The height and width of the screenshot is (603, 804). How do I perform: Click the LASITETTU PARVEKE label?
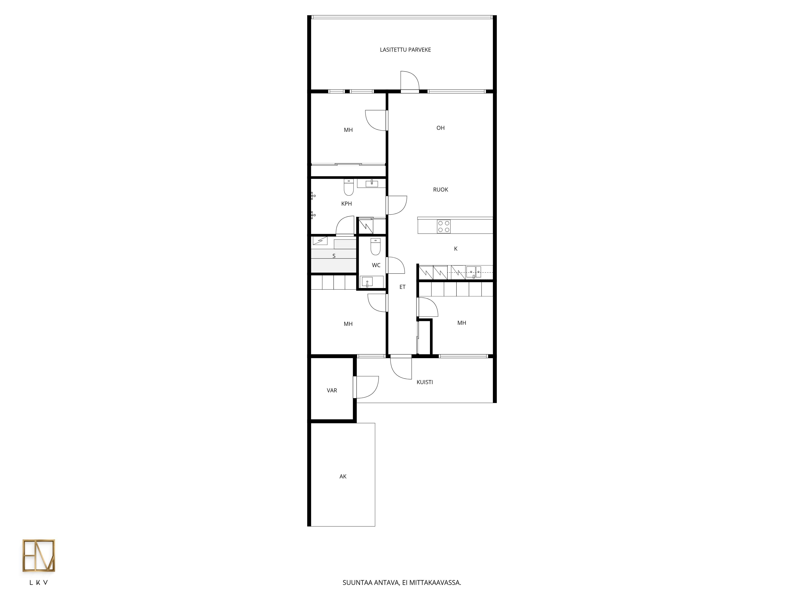tap(405, 50)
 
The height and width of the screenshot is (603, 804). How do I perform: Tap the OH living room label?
tap(441, 128)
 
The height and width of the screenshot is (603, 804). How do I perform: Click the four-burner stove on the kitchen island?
tap(443, 227)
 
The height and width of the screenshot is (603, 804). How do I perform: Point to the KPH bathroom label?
tap(346, 204)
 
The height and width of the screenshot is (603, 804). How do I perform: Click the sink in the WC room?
tap(367, 282)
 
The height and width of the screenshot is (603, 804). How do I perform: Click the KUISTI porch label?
tap(425, 382)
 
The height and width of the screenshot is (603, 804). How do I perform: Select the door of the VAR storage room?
tap(365, 387)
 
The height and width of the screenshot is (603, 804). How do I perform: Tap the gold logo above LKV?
tap(39, 555)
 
